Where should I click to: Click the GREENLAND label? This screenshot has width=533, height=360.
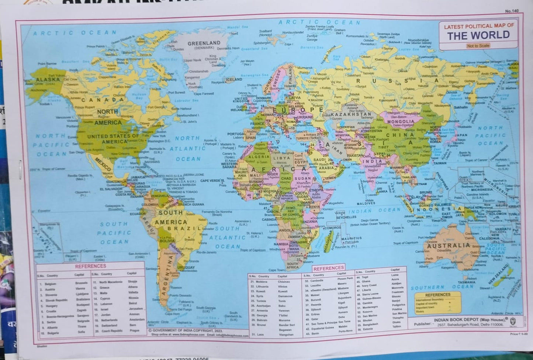coord(204,43)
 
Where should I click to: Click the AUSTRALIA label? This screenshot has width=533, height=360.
coord(449,245)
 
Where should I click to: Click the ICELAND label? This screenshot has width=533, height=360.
coord(234,79)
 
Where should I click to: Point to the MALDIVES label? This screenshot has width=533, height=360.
coord(366,203)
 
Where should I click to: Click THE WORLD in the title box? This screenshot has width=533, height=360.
coord(478,35)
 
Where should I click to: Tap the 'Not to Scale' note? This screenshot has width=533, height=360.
coord(478,46)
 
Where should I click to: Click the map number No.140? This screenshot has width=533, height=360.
coord(512,11)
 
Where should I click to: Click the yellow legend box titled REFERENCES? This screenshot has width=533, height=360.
coord(437,302)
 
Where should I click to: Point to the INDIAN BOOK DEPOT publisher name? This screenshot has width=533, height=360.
coord(456,319)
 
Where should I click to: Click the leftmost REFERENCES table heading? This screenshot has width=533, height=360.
coord(90,266)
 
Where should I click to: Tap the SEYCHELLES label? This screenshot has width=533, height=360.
coord(346,217)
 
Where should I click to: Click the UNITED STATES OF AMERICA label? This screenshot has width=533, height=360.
coord(113,139)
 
